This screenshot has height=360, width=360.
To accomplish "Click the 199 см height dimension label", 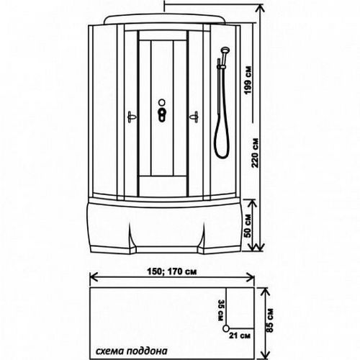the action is (248, 80).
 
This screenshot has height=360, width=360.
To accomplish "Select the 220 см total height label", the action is (255, 153).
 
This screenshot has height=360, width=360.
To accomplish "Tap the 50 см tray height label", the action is (248, 226).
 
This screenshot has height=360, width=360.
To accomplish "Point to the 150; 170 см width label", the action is (172, 271).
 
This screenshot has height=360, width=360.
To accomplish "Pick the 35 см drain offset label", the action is (221, 310).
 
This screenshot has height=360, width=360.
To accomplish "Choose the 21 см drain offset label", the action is (240, 336).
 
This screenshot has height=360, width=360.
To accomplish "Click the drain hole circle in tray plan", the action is (226, 328).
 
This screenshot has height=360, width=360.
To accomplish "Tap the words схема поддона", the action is (132, 351).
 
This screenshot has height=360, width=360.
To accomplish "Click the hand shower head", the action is (225, 51).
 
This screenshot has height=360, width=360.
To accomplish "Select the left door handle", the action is (132, 117).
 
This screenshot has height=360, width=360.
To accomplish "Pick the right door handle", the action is (194, 117).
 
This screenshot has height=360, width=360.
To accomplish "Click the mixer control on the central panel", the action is (162, 114).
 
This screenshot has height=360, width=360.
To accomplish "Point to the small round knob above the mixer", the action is (162, 102).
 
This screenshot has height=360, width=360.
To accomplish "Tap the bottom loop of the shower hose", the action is (222, 157).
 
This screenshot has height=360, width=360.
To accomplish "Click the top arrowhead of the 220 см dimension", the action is (260, 8).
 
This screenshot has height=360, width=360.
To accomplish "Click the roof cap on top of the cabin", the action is (166, 19).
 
